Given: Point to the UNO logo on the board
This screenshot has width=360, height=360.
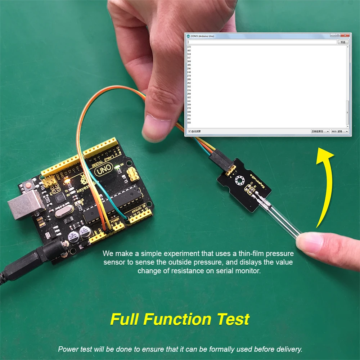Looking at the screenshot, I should [102, 171].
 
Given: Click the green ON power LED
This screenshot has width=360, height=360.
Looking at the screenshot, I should [118, 166].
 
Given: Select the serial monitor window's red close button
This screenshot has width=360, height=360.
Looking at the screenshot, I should [346, 36].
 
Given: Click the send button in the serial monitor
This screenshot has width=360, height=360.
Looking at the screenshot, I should [343, 42].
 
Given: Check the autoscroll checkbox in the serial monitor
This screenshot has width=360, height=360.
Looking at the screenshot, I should [189, 131].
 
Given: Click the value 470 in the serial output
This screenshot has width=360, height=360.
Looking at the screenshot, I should [189, 47].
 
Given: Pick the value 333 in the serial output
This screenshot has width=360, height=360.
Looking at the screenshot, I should [189, 123].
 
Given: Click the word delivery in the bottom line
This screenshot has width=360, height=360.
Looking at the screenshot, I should [290, 349].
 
